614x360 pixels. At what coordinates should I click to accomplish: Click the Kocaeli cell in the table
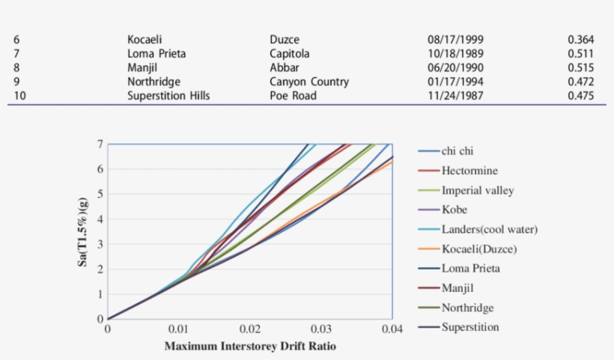(x=145, y=40)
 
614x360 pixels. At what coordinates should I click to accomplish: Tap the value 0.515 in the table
(x=580, y=67)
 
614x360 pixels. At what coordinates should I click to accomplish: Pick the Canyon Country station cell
(x=309, y=82)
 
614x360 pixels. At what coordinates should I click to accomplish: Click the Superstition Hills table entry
(x=168, y=96)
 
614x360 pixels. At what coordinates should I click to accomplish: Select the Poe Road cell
(x=293, y=96)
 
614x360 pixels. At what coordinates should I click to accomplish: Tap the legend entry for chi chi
(x=457, y=151)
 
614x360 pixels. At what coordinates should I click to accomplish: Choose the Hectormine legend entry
(x=469, y=171)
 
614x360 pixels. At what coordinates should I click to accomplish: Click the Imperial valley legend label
(x=478, y=190)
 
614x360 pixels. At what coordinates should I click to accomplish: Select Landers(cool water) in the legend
(x=490, y=229)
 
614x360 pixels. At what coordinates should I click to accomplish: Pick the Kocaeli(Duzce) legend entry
(x=479, y=248)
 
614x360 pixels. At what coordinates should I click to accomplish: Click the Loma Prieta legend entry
(x=470, y=268)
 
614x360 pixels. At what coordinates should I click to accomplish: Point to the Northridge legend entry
(x=467, y=308)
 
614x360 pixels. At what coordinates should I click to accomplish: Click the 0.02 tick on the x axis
(x=250, y=329)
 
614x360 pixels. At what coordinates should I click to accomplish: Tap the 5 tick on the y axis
(x=100, y=194)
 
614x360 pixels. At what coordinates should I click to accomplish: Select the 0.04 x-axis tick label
(x=392, y=329)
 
